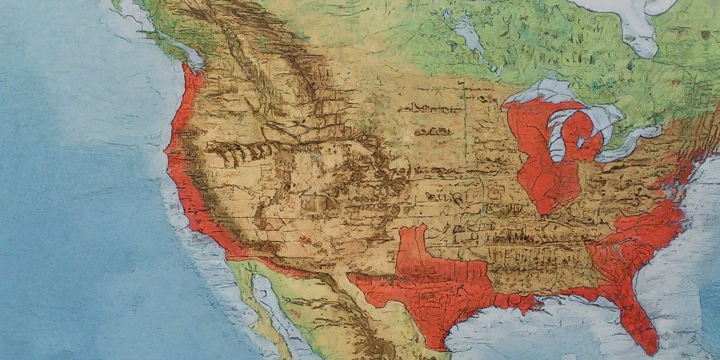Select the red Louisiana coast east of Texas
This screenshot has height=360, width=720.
pyautogui.click(x=516, y=302)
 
